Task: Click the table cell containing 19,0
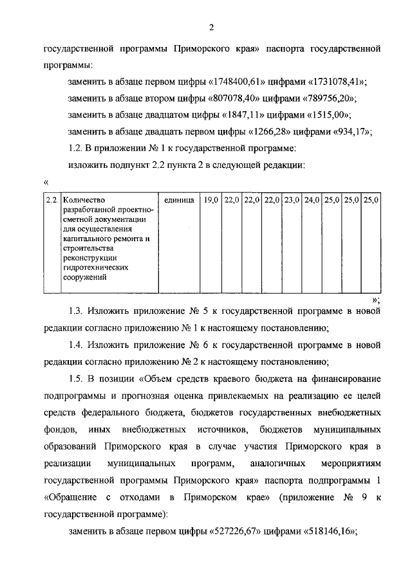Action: [211, 199]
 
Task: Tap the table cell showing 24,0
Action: [311, 199]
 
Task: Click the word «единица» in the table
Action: [179, 199]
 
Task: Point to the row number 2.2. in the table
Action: [51, 199]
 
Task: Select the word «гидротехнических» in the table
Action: [93, 267]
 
